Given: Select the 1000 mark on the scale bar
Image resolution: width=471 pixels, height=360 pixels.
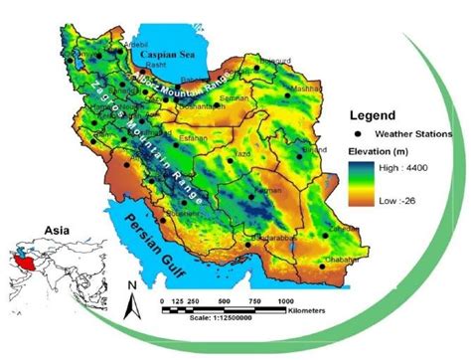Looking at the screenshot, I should point(286,299).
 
